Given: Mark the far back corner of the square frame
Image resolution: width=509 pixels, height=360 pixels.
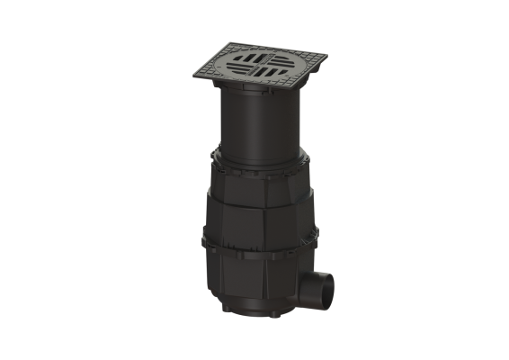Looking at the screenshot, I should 248,42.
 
